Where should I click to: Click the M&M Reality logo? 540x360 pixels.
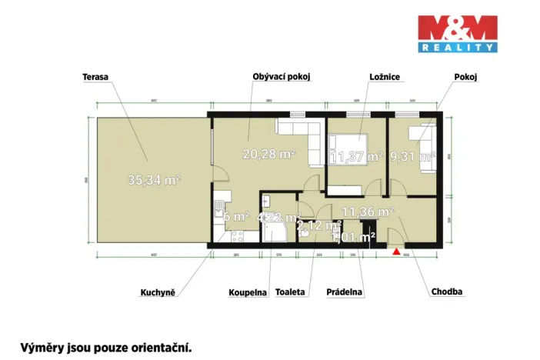(x=457, y=34)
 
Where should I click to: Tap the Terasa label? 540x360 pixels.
(x=95, y=76)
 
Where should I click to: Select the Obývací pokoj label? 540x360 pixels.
(x=282, y=76)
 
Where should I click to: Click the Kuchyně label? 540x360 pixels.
(x=158, y=292)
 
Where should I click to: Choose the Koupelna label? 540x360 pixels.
(x=248, y=292)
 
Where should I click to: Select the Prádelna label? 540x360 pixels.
(x=345, y=292)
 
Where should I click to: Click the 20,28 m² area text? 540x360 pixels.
(x=270, y=154)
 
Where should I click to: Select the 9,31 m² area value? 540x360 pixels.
(x=412, y=157)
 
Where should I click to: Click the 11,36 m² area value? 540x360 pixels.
(x=368, y=211)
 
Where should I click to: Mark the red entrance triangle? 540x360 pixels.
(x=396, y=250)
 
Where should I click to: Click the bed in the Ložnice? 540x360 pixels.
(x=351, y=144)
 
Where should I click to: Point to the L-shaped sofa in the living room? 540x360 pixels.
(x=303, y=138)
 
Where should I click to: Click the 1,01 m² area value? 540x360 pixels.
(x=353, y=236)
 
